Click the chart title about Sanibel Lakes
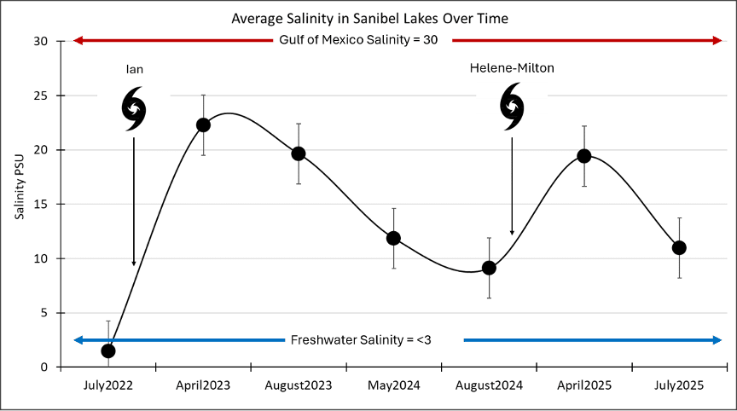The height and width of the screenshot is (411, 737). pos(368,18)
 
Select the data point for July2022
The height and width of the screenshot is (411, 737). pos(107,350)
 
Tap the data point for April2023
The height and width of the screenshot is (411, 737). pos(203,124)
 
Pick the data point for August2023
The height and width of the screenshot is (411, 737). pos(299,153)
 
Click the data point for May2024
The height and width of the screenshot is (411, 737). pos(393,238)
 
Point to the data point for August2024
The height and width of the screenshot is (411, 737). pos(489,268)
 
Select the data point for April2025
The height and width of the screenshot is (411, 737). pos(584,155)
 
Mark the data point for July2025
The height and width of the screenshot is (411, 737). pos(679,247)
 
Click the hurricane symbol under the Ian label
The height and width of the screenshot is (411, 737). pos(134,108)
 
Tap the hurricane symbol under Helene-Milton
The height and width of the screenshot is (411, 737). pos(512,106)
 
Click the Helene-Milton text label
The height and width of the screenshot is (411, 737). pos(511,68)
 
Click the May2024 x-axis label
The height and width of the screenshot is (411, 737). pos(394,385)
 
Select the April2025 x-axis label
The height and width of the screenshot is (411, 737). pos(584,385)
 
